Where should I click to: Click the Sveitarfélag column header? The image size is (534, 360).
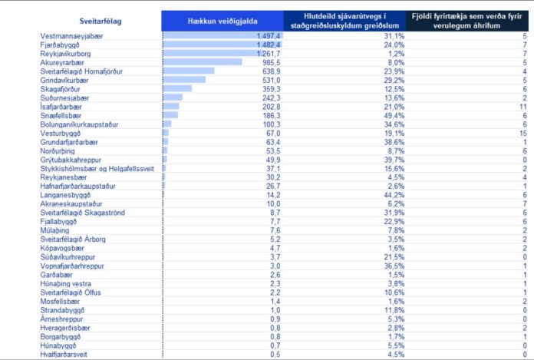(101, 21)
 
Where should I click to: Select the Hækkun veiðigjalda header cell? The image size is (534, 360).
(222, 21)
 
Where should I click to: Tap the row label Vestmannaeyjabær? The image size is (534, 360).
(71, 36)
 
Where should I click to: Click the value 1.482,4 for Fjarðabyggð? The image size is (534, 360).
(269, 45)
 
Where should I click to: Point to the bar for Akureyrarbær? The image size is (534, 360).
(203, 62)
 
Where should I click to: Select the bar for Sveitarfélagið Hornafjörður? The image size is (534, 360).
(189, 71)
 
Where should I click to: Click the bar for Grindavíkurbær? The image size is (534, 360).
(184, 80)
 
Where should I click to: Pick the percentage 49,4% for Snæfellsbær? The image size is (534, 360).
(394, 116)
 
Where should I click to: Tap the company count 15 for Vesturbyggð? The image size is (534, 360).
(523, 134)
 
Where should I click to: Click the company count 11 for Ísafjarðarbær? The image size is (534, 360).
(523, 107)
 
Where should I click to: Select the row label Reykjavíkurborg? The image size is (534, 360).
(65, 54)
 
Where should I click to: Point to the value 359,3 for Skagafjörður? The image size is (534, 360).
(272, 89)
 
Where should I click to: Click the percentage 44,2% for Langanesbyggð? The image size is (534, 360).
(394, 195)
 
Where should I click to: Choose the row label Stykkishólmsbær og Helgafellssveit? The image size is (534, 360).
(97, 169)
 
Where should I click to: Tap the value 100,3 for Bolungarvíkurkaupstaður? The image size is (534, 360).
(272, 124)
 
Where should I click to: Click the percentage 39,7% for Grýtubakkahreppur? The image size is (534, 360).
(394, 160)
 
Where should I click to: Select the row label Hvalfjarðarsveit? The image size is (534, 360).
(64, 355)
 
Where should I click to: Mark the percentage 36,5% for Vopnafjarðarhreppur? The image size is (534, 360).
(394, 266)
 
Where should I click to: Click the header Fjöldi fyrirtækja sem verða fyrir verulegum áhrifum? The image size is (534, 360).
(467, 21)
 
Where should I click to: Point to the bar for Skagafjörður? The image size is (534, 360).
(177, 88)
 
